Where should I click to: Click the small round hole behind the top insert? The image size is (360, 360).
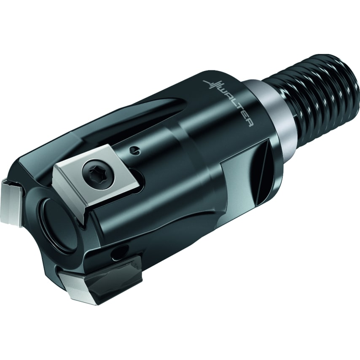[133, 150]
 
